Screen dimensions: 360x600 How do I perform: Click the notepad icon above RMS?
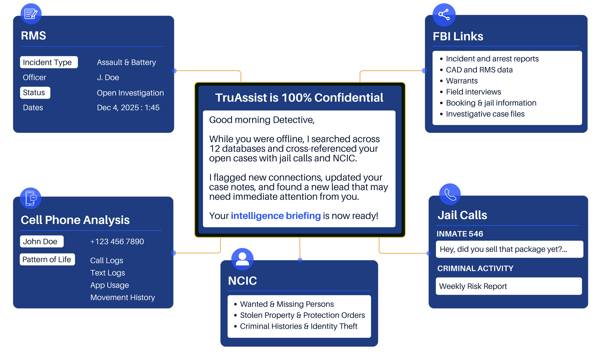click(31, 14)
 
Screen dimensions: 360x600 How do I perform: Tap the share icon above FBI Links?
click(444, 15)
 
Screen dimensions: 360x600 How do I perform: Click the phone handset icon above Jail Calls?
click(450, 194)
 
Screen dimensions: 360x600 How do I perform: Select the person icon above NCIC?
click(242, 259)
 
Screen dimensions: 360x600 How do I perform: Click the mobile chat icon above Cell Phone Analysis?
click(31, 198)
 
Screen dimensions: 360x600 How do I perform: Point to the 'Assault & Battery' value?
click(126, 62)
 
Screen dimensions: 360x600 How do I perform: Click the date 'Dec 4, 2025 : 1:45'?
click(128, 108)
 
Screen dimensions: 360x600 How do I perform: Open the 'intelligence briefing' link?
click(276, 216)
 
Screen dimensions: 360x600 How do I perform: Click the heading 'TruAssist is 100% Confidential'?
click(299, 98)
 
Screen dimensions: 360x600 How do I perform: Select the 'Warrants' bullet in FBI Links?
click(462, 81)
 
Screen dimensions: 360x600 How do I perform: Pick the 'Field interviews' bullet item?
click(473, 92)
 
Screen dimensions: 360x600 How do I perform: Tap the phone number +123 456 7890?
click(117, 241)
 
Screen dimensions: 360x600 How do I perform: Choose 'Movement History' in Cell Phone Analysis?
click(122, 298)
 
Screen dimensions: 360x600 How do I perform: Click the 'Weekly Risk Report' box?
click(508, 286)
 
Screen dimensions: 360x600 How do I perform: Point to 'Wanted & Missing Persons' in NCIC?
click(286, 304)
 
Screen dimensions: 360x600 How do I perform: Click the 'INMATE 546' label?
click(460, 234)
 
